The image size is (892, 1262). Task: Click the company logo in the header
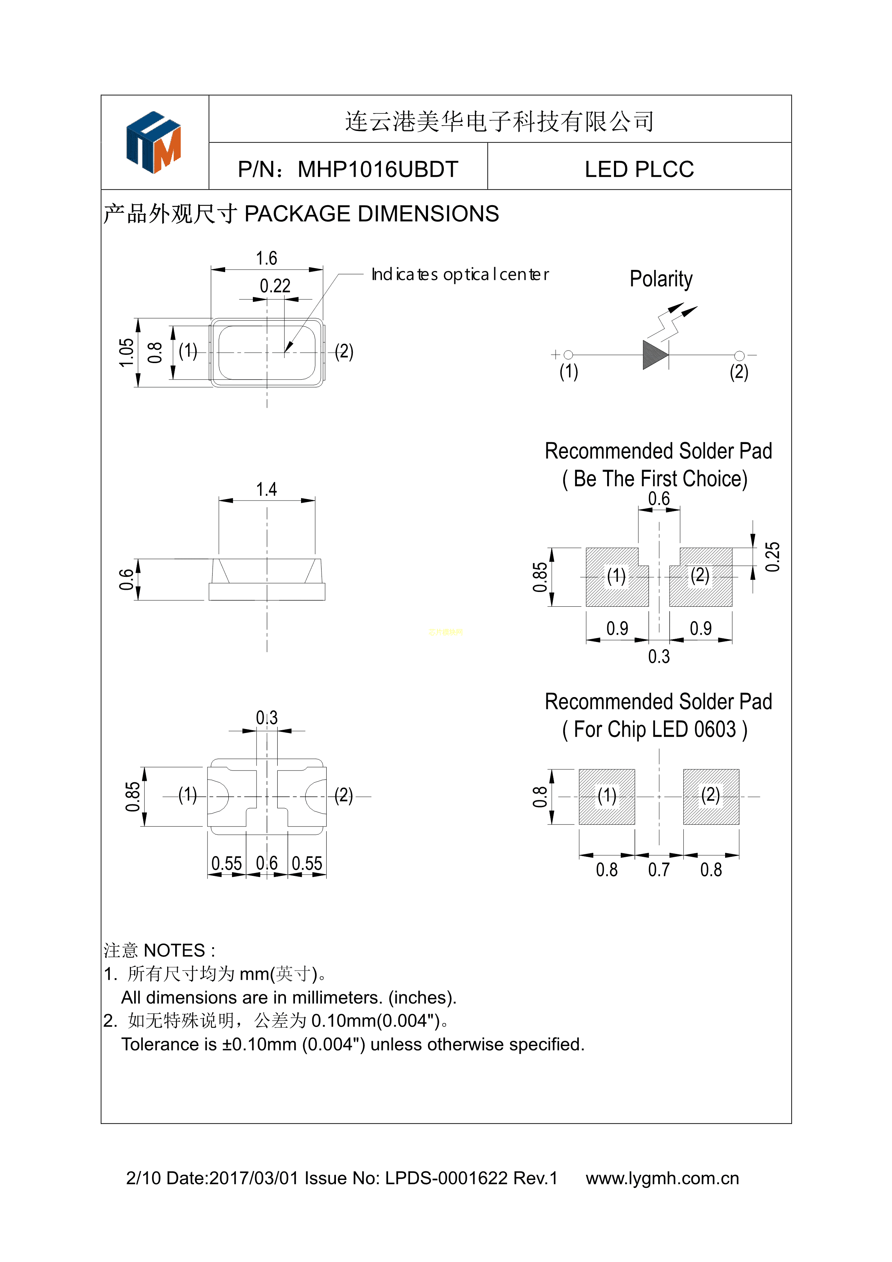pyautogui.click(x=154, y=143)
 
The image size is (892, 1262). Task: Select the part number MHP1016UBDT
pyautogui.click(x=378, y=169)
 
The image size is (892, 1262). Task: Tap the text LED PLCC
pyautogui.click(x=639, y=169)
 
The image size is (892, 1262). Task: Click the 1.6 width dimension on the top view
pyautogui.click(x=267, y=258)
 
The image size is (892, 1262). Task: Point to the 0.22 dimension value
pyautogui.click(x=275, y=286)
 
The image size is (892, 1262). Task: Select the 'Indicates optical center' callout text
pyautogui.click(x=460, y=274)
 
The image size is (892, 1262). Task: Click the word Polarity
pyautogui.click(x=661, y=279)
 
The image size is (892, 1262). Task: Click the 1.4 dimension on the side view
pyautogui.click(x=267, y=489)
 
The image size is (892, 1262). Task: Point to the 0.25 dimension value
pyautogui.click(x=772, y=557)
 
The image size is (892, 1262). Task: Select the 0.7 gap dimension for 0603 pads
pyautogui.click(x=659, y=869)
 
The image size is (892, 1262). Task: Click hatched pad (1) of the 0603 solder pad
pyautogui.click(x=607, y=796)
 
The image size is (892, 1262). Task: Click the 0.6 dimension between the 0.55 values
pyautogui.click(x=267, y=863)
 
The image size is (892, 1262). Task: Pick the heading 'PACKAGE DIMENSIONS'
pyautogui.click(x=371, y=214)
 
